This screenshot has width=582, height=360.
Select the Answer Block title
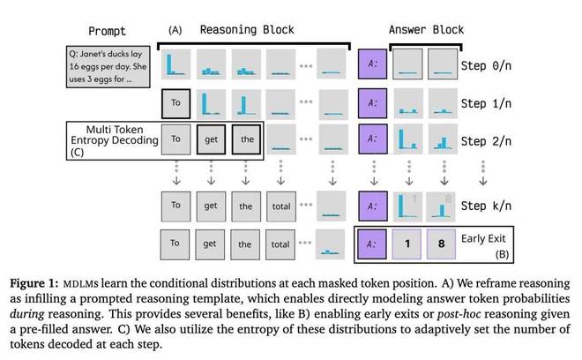[x=427, y=29]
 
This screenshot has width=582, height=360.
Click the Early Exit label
[x=486, y=238]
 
